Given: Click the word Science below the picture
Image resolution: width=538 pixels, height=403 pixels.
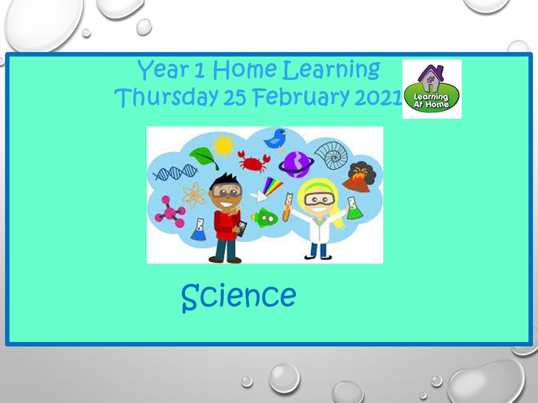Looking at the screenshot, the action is click(239, 297).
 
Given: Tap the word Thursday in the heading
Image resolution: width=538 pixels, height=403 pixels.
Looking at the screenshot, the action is click(166, 97).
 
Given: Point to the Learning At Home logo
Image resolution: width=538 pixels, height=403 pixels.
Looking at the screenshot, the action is click(432, 89).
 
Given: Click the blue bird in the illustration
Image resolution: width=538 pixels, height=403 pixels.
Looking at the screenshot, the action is click(276, 139).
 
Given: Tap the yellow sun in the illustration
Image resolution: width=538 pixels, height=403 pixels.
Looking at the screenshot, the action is click(224, 146).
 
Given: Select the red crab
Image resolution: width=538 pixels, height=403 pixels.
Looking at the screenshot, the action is click(253, 161).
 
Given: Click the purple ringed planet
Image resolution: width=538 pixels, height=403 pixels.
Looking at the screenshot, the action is click(296, 165).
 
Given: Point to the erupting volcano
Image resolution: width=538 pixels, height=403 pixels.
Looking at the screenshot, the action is click(359, 176).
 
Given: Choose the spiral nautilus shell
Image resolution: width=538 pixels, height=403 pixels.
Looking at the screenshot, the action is click(331, 155).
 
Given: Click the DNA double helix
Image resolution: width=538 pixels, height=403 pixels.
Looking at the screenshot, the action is click(175, 172).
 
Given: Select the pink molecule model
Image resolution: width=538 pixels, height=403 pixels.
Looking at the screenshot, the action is click(170, 213).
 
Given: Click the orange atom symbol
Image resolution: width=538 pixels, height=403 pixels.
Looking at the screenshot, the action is click(194, 196).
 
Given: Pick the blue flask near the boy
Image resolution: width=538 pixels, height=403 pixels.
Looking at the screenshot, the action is click(198, 229).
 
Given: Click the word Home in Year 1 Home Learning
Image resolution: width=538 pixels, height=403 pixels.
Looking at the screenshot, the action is click(245, 70).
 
